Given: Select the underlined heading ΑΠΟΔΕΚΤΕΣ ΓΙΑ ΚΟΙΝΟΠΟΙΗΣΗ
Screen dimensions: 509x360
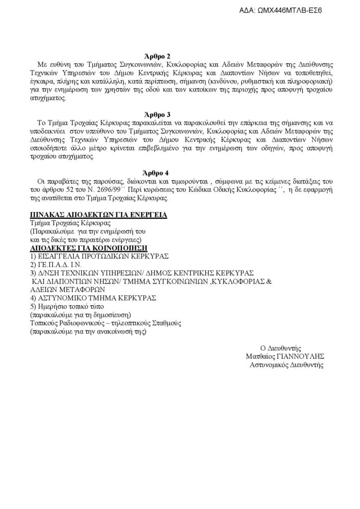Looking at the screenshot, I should pos(89,248).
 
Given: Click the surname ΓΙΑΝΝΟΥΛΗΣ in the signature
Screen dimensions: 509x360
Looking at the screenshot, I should pos(306,356).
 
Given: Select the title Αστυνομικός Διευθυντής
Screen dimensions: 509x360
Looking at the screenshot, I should pos(286,364).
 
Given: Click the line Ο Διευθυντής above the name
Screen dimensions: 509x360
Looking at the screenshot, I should pos(281,347).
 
